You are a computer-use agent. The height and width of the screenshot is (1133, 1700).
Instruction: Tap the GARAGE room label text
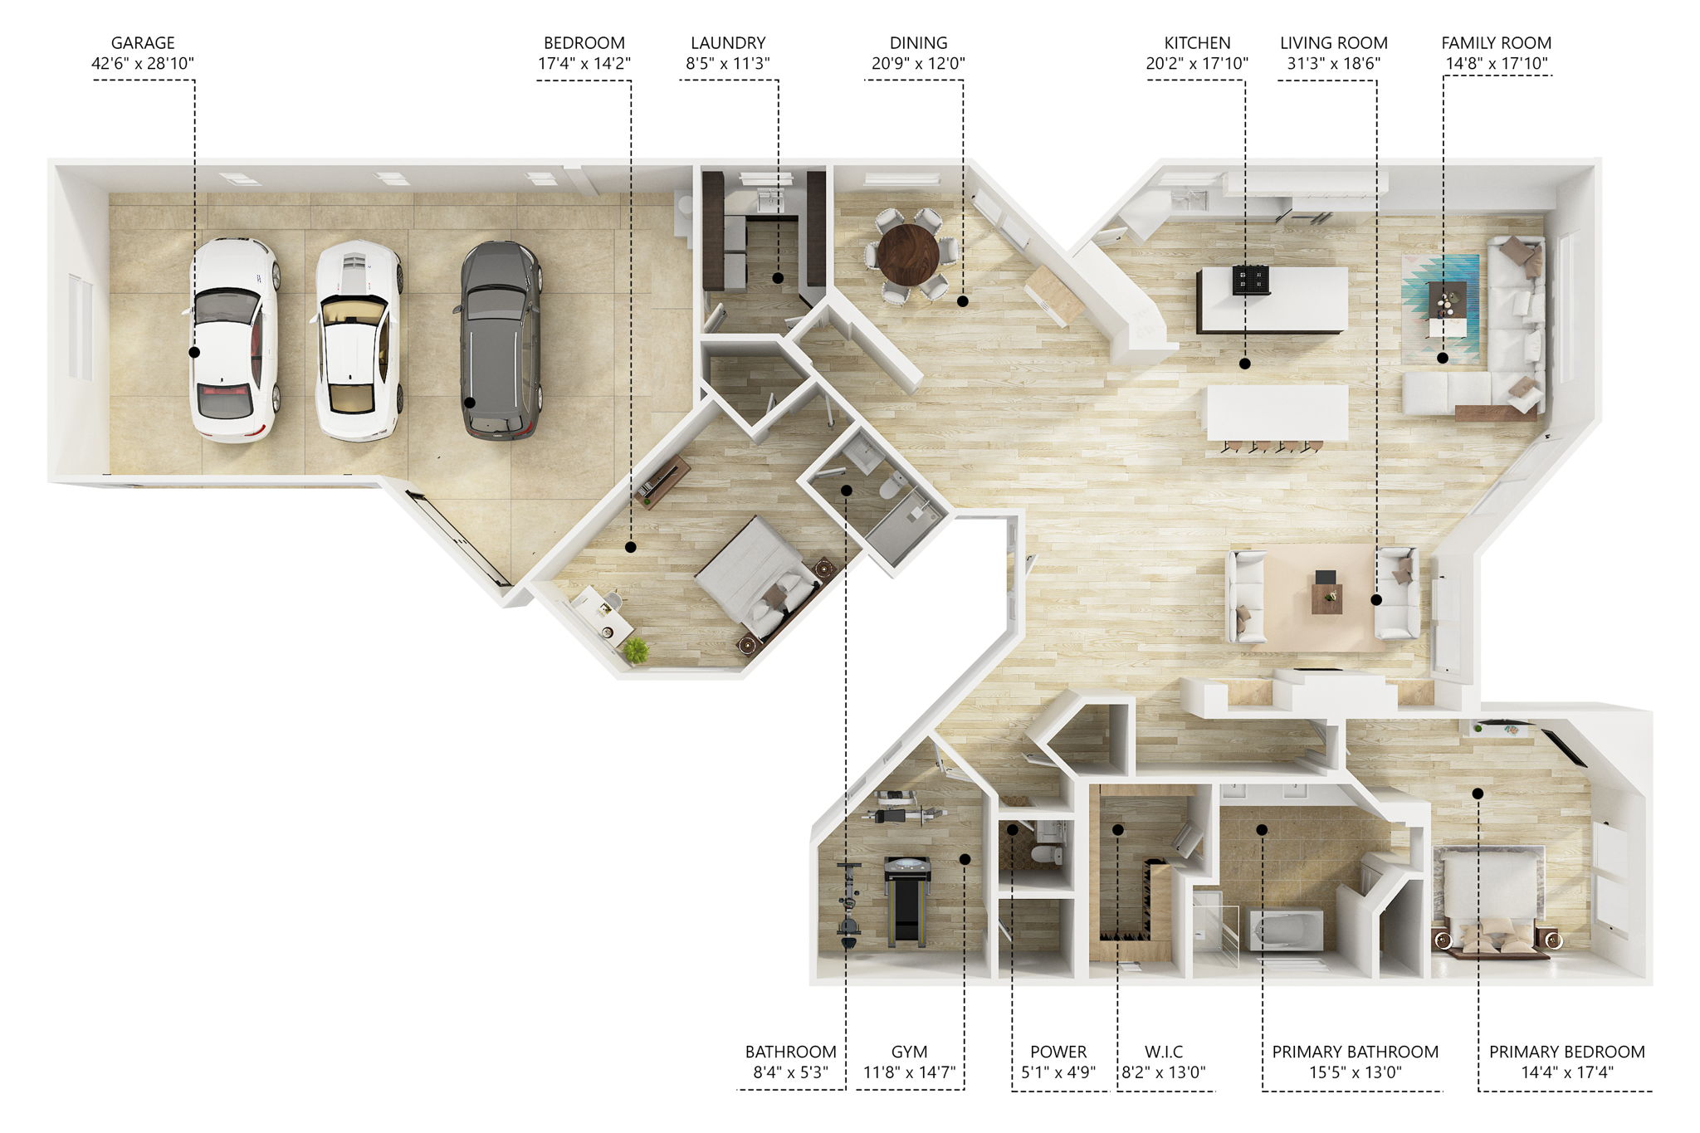(x=143, y=43)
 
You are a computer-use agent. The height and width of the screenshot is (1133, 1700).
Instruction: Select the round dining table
(x=907, y=254)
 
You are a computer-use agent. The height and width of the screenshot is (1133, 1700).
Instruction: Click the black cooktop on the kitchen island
(x=1250, y=280)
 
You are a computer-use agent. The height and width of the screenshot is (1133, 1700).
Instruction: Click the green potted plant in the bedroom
(x=636, y=651)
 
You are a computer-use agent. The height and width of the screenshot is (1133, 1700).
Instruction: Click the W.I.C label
(x=1163, y=1052)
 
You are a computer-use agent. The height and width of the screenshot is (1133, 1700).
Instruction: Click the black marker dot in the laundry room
(x=778, y=278)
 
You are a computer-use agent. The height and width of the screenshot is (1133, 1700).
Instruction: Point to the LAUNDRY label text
(x=728, y=43)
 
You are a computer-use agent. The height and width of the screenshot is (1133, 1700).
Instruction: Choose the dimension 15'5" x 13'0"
(x=1355, y=1072)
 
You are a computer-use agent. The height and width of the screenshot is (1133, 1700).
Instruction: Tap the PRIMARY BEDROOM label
(x=1566, y=1052)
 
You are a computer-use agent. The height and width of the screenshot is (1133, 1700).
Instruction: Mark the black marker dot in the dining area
(x=963, y=301)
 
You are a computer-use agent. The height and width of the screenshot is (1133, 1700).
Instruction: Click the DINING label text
(x=918, y=43)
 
